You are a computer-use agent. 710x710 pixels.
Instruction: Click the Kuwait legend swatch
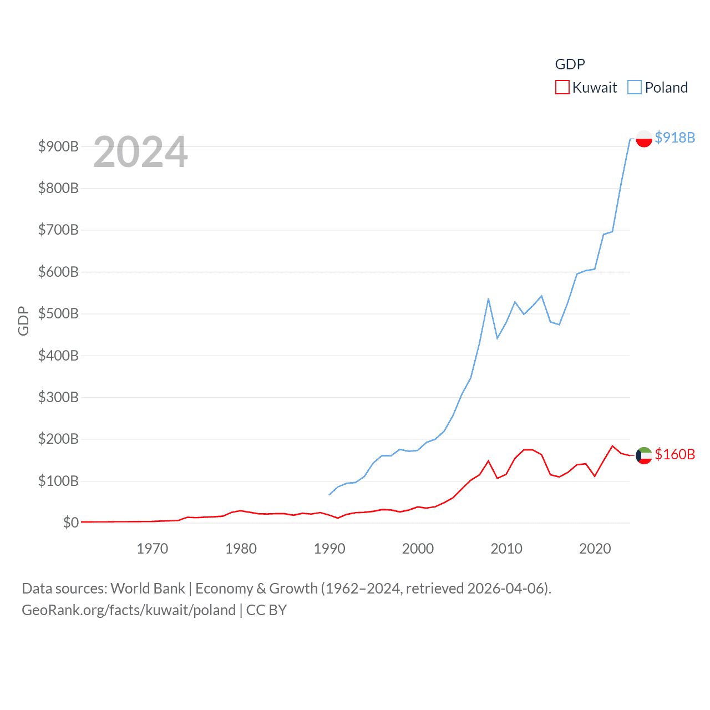[x=562, y=88]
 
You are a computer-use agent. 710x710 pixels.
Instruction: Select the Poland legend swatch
[x=635, y=88]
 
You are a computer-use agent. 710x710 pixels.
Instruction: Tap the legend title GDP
[x=570, y=64]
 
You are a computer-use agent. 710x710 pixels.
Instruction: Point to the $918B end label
[x=674, y=138]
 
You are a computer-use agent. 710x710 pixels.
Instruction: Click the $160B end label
[x=674, y=454]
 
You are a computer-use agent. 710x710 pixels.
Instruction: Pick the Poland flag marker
[x=644, y=138]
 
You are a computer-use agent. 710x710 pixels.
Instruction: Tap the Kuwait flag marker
[x=644, y=455]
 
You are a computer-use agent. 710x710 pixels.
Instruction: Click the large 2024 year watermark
[x=140, y=152]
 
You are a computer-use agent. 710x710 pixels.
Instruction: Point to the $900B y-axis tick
[x=58, y=146]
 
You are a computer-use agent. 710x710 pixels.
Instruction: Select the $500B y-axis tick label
[x=58, y=313]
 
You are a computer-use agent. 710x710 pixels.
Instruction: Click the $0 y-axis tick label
[x=70, y=523]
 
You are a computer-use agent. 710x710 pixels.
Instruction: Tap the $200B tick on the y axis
[x=58, y=439]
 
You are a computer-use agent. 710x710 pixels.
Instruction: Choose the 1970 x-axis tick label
[x=153, y=549]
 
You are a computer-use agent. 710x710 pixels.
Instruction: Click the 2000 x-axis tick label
[x=418, y=549]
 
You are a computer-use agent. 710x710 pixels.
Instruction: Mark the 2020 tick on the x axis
[x=595, y=549]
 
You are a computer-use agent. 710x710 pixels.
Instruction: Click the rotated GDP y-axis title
[x=23, y=321]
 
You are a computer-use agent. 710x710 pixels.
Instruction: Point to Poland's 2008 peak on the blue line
[x=488, y=299]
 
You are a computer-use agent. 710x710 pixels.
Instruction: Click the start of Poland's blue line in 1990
[x=329, y=494]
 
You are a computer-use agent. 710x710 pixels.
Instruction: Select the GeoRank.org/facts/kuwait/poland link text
[x=129, y=610]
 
